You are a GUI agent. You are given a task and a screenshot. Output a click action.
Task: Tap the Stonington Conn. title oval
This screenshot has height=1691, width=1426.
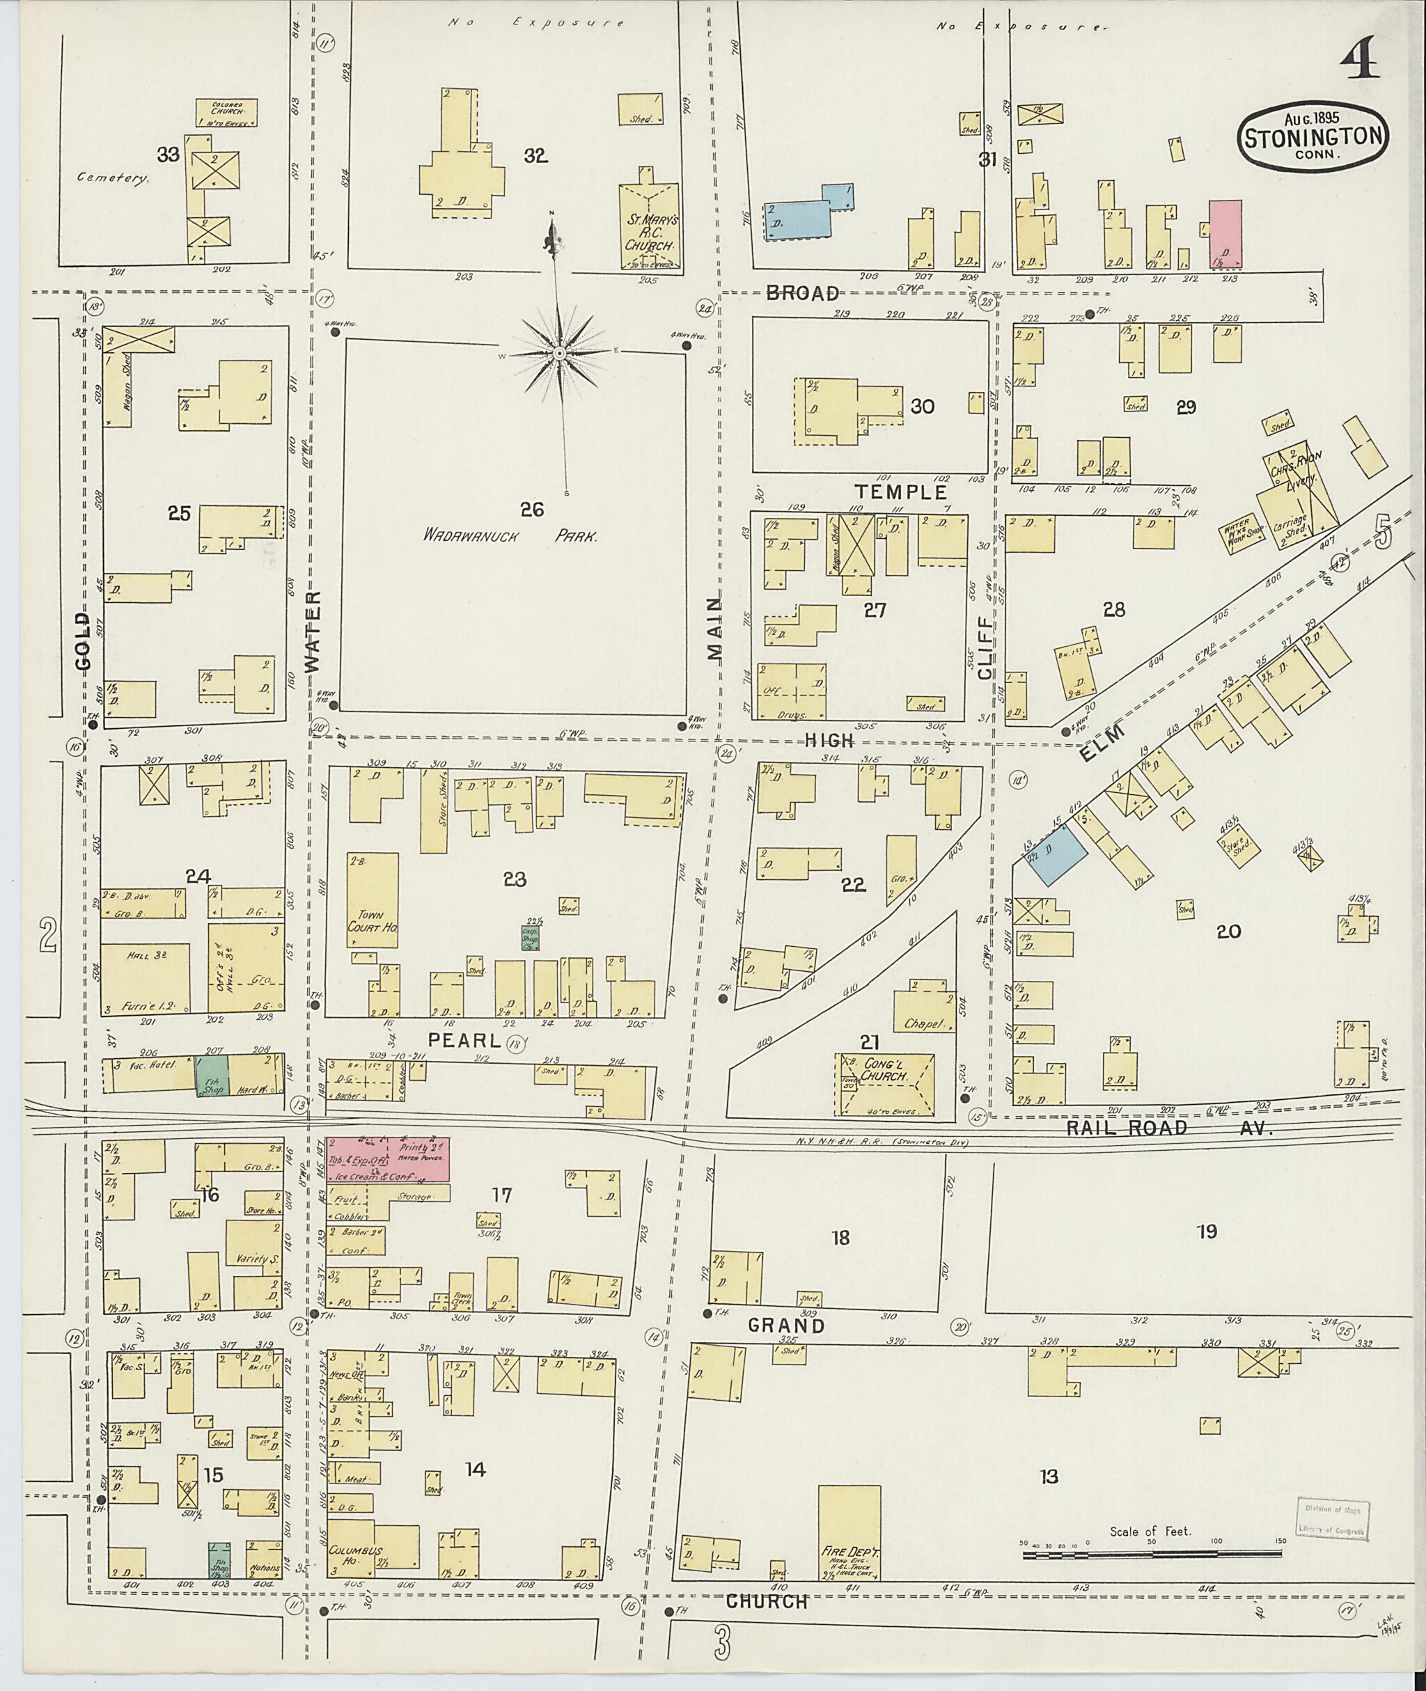1314,136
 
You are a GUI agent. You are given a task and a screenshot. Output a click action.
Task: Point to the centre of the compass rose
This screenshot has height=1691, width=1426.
559,354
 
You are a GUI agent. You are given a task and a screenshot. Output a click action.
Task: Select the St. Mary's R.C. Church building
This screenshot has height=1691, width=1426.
650,226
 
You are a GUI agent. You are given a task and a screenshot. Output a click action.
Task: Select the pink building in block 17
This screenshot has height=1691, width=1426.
387,1158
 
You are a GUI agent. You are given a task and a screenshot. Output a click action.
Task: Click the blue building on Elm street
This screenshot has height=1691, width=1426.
1056,855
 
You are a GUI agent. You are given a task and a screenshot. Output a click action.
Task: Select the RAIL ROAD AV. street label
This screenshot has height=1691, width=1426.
1169,1128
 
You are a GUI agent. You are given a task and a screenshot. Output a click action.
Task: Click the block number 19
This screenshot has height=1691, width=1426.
1207,1232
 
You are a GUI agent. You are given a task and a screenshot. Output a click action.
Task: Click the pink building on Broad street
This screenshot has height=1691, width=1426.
1225,235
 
